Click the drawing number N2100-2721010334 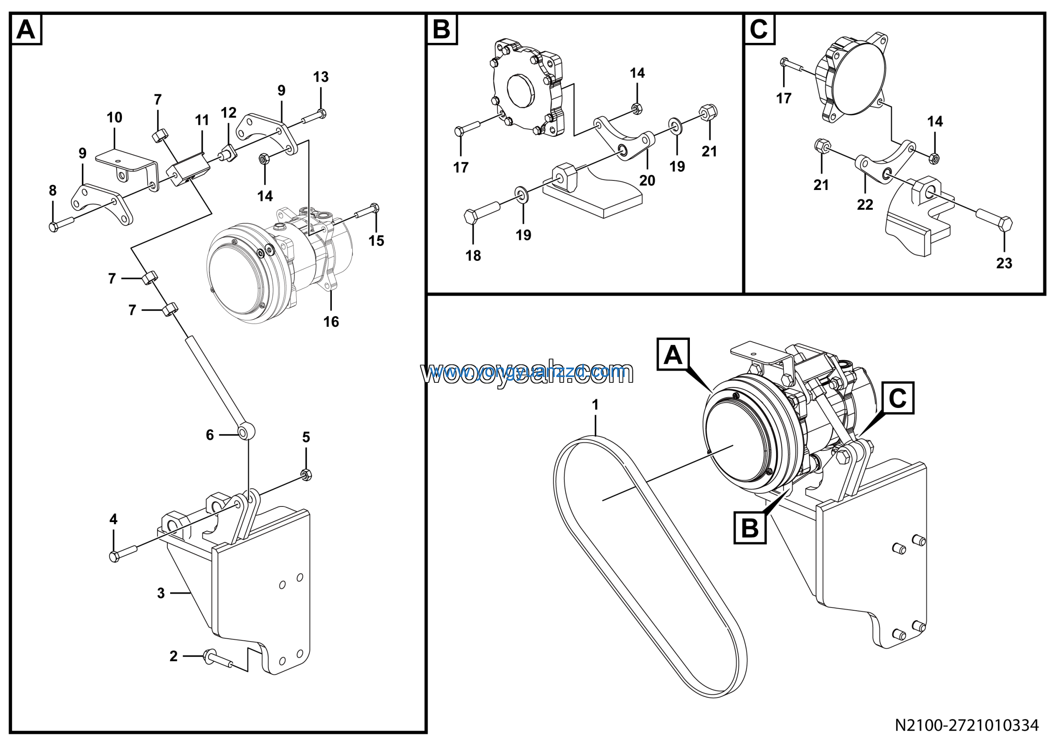[x=966, y=725]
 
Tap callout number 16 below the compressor [x=331, y=321]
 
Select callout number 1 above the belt [x=595, y=405]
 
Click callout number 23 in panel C [x=1004, y=263]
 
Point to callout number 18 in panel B [x=473, y=255]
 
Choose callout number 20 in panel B [x=647, y=180]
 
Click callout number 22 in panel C [x=865, y=204]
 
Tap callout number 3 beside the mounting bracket [x=161, y=593]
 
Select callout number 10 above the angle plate [x=115, y=117]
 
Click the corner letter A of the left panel [x=26, y=30]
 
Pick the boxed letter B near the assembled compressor [x=750, y=528]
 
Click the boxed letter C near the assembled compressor [x=898, y=398]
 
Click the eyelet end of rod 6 [x=246, y=432]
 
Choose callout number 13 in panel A [x=321, y=77]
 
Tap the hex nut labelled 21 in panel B [x=708, y=112]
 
